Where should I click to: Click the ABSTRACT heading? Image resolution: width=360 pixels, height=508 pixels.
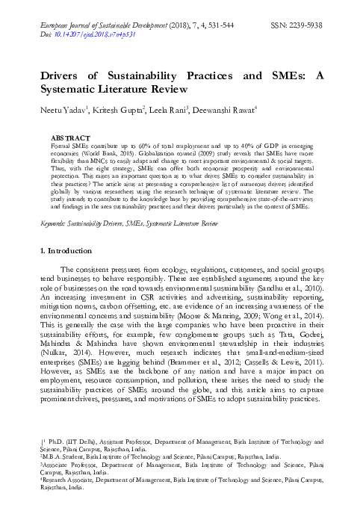[x=68, y=138]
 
